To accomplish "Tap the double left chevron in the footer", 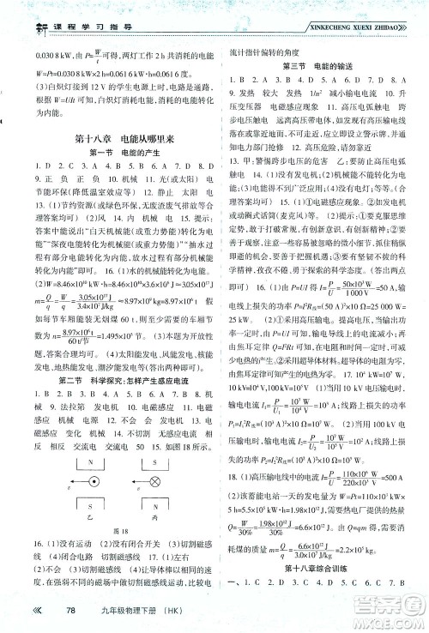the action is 37,609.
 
